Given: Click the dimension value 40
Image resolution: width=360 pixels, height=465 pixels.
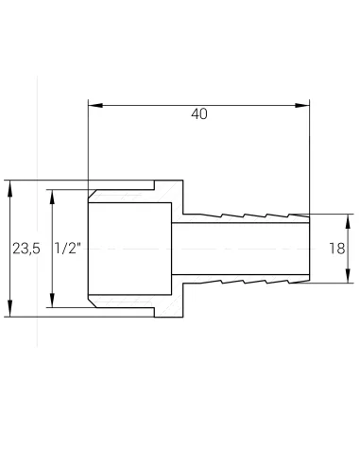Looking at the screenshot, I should (198, 114).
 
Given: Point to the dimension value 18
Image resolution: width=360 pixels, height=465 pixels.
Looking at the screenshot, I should (336, 249).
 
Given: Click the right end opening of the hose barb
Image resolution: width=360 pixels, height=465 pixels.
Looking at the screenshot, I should (310, 249).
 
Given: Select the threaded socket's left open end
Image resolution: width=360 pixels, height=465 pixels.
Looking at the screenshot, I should (88, 249).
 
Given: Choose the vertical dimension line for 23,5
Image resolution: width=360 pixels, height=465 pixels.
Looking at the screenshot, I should (10, 217).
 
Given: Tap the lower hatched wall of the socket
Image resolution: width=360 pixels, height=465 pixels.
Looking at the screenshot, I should (132, 308).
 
